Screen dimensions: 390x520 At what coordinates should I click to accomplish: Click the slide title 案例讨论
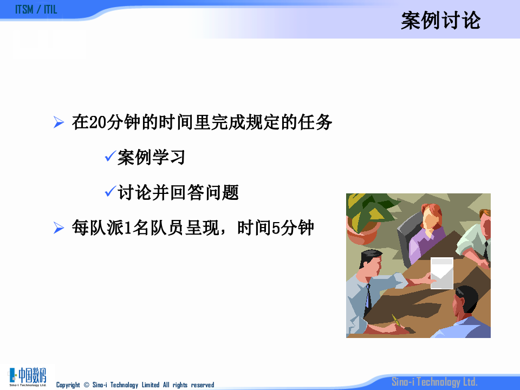tap(440, 21)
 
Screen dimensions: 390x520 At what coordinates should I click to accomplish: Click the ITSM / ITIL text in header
tap(36, 10)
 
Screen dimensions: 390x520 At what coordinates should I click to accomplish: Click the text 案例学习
tap(152, 158)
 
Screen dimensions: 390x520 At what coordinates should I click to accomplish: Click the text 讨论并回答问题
tap(178, 193)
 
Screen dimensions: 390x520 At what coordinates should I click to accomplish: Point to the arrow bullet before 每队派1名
tap(59, 228)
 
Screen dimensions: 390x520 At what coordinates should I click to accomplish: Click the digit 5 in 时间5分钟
tap(275, 229)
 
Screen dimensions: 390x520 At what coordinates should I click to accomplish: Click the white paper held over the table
tap(441, 272)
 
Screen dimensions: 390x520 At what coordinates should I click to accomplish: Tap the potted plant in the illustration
tap(366, 217)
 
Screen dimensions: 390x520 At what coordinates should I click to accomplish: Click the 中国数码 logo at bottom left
tap(28, 376)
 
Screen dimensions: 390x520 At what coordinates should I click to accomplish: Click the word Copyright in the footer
tap(68, 385)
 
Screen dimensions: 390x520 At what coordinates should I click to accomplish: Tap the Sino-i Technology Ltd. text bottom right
tap(434, 382)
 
